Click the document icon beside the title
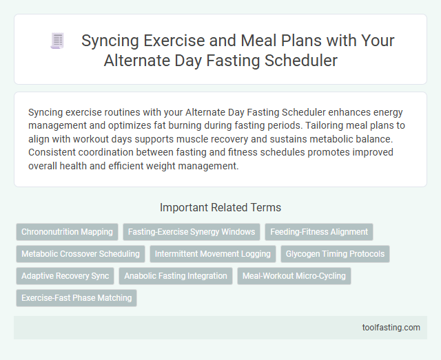[x=57, y=41]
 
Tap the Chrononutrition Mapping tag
[x=68, y=232]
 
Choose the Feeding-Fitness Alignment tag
[x=319, y=232]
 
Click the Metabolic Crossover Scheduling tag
[x=81, y=254]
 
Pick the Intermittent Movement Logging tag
[x=212, y=254]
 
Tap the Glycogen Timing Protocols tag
[x=335, y=254]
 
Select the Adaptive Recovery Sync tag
[x=65, y=276]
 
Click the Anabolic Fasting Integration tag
[x=176, y=276]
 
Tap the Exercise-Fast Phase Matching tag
[x=76, y=298]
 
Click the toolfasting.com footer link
[x=391, y=328]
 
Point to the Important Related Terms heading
[x=220, y=207]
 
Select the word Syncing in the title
[x=108, y=41]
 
